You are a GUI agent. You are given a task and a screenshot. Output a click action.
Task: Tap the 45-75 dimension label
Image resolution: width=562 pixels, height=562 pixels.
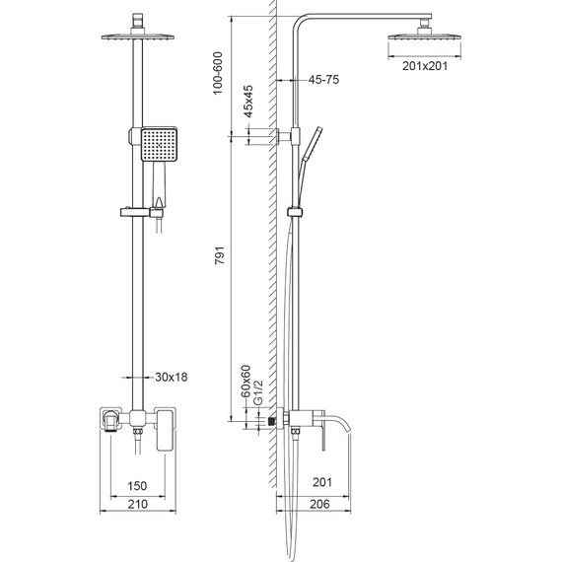coord(323,80)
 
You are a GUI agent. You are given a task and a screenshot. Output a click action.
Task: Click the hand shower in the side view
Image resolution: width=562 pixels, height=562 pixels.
coord(314,146)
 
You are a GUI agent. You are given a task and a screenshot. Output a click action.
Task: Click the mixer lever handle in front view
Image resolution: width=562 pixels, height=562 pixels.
coord(163,434)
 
